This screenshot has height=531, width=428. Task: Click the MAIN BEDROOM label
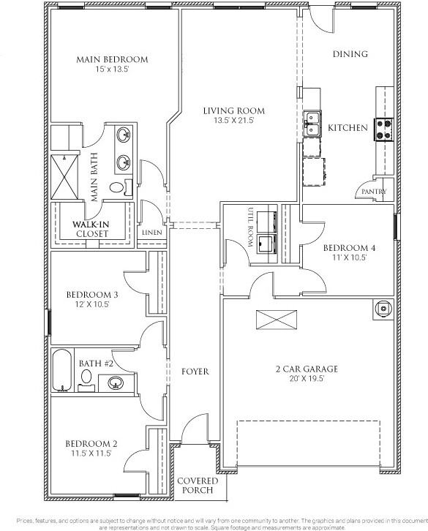point(111,59)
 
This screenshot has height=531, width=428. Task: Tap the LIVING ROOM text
point(233,111)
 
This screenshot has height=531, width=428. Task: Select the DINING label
point(350,54)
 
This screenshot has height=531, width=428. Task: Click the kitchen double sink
point(313,124)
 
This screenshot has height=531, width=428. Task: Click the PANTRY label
point(369,192)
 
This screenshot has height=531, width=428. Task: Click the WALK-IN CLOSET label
point(92,229)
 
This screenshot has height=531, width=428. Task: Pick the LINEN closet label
point(151,232)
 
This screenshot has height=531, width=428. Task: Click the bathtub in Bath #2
point(61,371)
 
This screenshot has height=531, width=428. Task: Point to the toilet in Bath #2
point(86,377)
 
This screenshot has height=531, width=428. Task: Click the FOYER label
point(195,372)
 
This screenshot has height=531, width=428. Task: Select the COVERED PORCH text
point(196,485)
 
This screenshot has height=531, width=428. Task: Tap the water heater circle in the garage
point(383,309)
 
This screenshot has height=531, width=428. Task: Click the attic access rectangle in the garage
point(278,319)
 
